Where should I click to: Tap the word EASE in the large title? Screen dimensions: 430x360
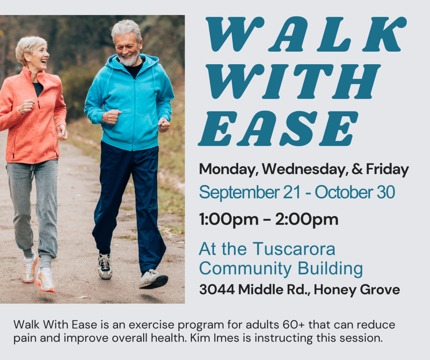click(278, 128)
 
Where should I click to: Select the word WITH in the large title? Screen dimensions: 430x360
click(293, 81)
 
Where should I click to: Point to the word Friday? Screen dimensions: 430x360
click(387, 170)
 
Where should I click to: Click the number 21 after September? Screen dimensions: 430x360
click(292, 192)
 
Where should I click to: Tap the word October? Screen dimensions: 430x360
click(344, 192)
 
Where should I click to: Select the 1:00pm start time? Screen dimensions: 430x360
click(229, 220)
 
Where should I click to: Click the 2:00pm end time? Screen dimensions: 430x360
click(307, 220)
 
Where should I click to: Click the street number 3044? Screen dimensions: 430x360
click(217, 290)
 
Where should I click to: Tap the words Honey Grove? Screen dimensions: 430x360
click(357, 290)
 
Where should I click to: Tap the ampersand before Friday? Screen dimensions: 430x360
click(357, 169)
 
